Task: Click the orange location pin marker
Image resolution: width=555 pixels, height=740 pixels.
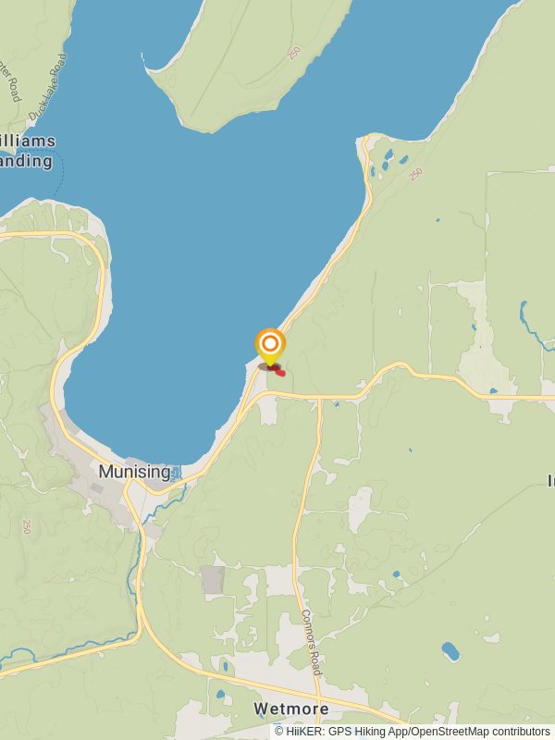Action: [269, 349]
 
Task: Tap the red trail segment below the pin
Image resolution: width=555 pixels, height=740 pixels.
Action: [277, 371]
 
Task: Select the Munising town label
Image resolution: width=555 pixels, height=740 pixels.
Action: [134, 472]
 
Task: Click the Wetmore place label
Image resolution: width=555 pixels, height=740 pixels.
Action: [291, 709]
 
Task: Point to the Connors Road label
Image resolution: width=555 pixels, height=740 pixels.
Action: [311, 642]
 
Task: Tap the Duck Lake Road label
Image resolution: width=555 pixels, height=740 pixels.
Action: [48, 88]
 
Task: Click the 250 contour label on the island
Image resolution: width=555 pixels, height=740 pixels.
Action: [294, 54]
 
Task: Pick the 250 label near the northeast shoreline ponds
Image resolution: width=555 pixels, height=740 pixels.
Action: [415, 173]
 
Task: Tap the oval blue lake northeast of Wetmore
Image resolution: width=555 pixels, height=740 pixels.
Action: [450, 651]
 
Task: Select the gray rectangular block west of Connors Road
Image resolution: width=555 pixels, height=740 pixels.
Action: [213, 580]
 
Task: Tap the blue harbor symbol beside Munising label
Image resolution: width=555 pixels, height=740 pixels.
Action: [177, 472]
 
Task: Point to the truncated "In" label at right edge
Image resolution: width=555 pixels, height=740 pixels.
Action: [550, 480]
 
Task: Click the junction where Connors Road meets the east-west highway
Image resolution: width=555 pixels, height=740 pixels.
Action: [320, 398]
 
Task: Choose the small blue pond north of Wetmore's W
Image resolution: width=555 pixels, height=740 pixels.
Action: [221, 693]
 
